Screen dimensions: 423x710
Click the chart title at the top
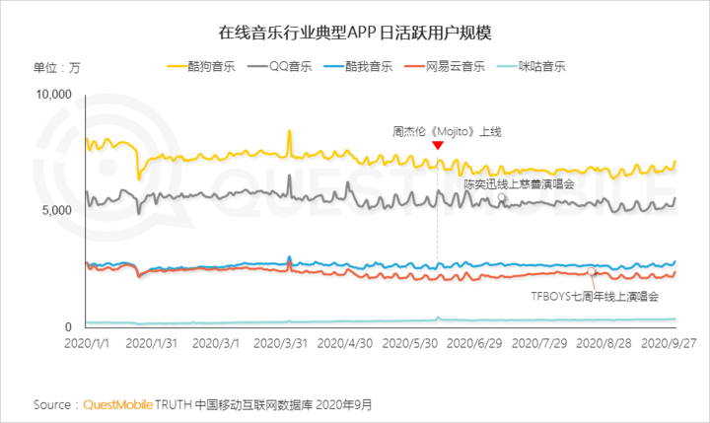[355, 33]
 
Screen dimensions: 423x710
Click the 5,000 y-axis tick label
[59, 211]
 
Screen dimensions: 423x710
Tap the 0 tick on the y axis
[70, 327]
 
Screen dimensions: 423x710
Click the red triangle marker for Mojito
[438, 146]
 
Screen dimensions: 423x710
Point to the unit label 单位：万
[57, 67]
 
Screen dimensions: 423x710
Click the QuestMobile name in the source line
[122, 404]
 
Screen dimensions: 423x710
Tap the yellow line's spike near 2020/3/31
[289, 131]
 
